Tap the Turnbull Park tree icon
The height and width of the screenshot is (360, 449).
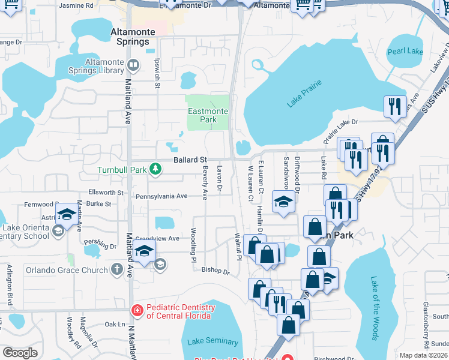(155, 169)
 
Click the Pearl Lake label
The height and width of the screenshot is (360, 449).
(406, 52)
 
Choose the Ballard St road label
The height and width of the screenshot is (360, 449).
(190, 160)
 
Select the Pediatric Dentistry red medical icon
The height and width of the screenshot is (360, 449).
(137, 310)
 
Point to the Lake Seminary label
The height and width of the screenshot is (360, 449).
(212, 341)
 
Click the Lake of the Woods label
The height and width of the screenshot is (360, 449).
(374, 308)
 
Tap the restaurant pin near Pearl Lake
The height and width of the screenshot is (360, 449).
(395, 107)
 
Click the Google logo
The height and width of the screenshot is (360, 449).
(20, 353)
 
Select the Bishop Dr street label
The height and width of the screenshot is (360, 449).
(215, 271)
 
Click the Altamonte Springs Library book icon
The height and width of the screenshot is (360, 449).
(134, 64)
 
